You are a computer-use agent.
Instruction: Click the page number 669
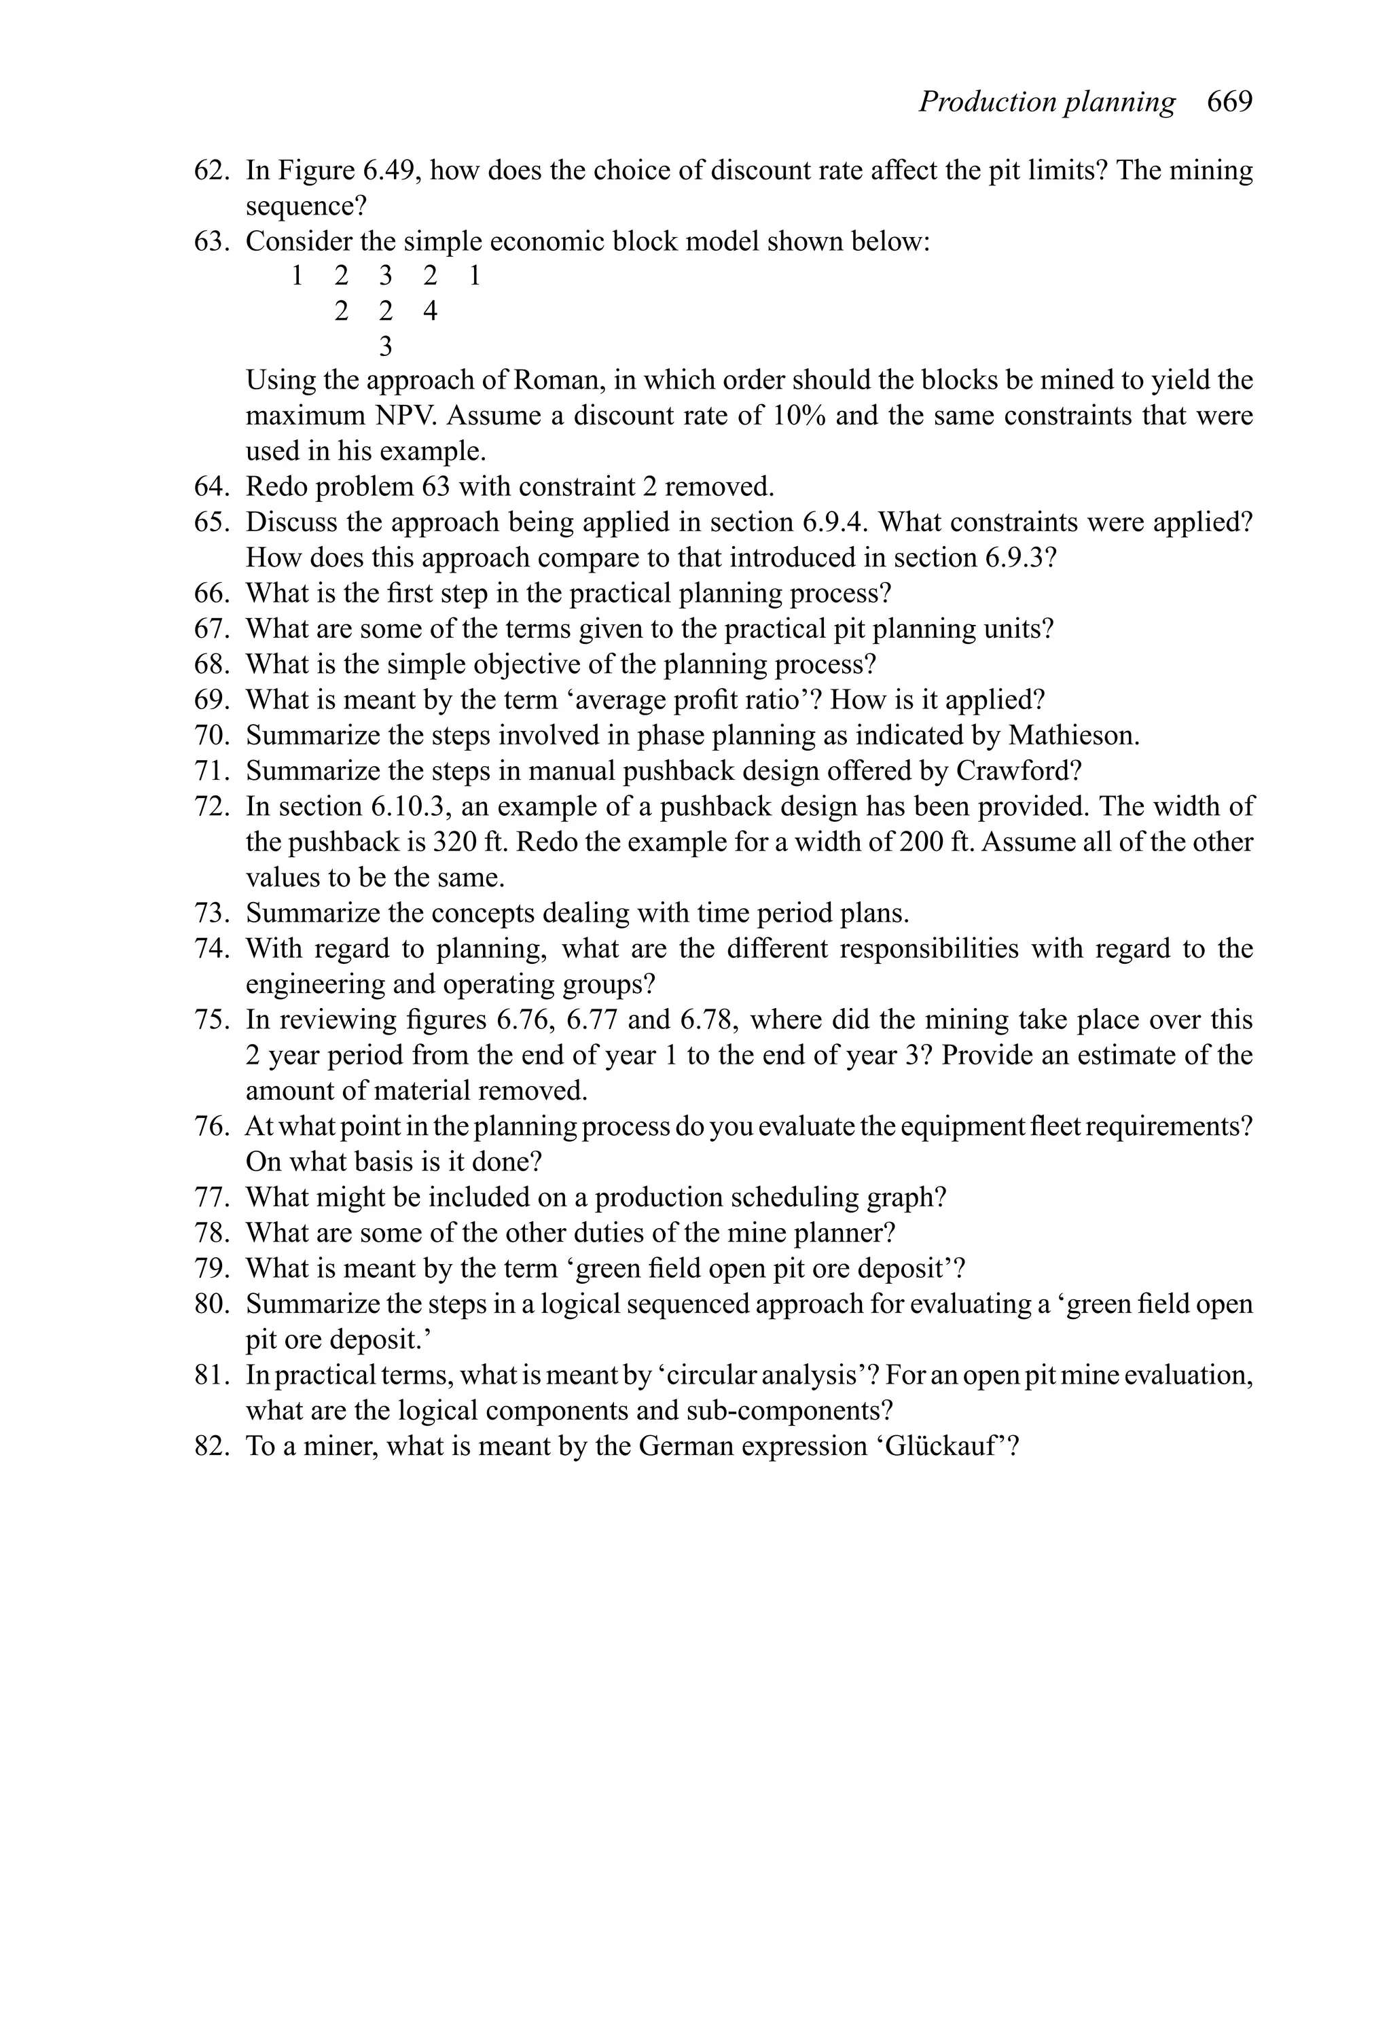(x=1229, y=103)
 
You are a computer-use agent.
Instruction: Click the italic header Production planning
(x=1047, y=103)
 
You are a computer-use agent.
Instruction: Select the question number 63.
(x=211, y=240)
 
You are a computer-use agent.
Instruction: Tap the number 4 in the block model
(x=429, y=311)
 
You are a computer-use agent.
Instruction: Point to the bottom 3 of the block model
(x=385, y=347)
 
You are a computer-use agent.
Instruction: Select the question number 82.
(x=211, y=1446)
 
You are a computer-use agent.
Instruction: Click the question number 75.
(x=211, y=1020)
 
